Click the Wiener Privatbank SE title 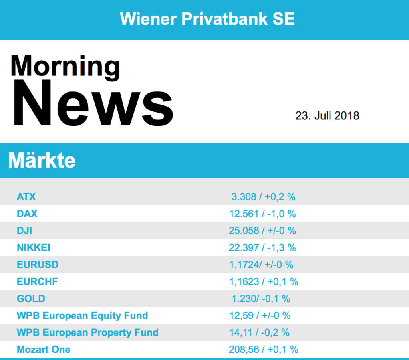207,19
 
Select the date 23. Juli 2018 327,116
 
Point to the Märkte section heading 42,160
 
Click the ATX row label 26,197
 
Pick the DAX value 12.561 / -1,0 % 262,214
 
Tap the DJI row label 25,231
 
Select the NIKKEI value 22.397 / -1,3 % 262,248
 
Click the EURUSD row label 38,265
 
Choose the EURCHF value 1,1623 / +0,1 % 264,282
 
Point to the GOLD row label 31,299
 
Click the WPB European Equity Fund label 82,316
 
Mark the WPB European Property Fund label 87,332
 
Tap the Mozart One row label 44,350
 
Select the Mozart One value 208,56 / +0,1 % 264,350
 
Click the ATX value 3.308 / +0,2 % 264,197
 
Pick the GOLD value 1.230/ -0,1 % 261,299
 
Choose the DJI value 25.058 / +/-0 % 262,231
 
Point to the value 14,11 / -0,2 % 260,332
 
